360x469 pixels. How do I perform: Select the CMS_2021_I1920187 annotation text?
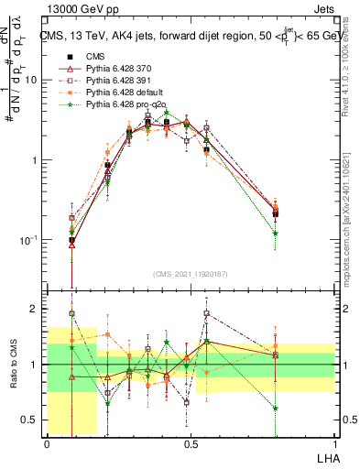pos(189,272)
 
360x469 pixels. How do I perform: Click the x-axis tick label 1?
pos(333,443)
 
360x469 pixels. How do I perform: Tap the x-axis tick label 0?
pos(47,443)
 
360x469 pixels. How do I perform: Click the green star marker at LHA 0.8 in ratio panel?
pos(276,408)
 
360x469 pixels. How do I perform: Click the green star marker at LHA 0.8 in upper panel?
pos(276,233)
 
